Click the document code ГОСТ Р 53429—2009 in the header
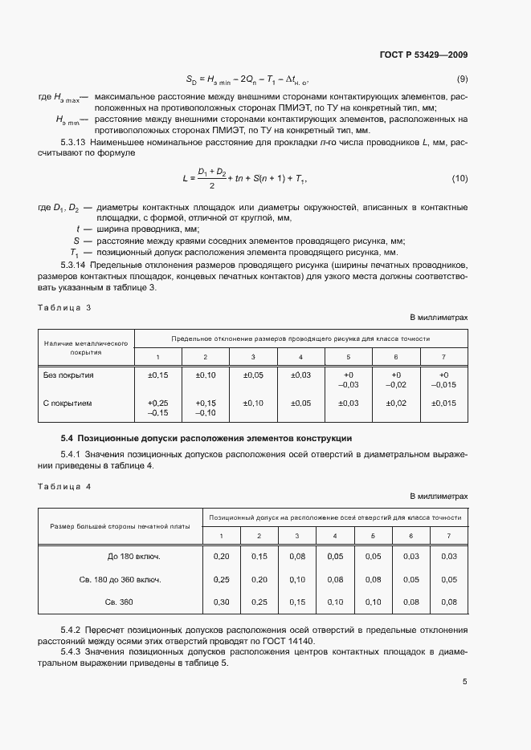(x=423, y=55)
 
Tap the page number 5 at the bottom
(x=464, y=682)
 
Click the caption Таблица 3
(x=64, y=307)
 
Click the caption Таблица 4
(x=64, y=486)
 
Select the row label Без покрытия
(x=68, y=375)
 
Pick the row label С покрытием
(x=67, y=403)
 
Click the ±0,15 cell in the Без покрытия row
(x=157, y=375)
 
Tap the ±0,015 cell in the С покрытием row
(x=443, y=403)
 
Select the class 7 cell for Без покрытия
(x=443, y=379)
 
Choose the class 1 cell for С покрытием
(x=157, y=407)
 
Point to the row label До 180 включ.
(x=134, y=556)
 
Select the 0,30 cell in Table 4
(x=220, y=602)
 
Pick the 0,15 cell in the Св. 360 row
(x=297, y=602)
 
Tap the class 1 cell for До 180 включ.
(x=220, y=556)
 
